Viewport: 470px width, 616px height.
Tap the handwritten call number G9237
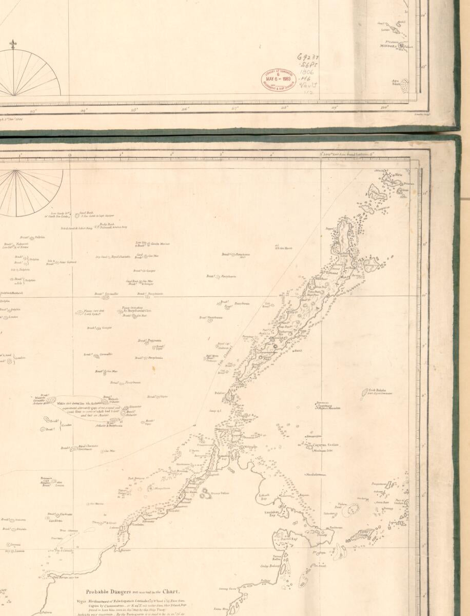(307, 57)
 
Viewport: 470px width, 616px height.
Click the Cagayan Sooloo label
(326, 445)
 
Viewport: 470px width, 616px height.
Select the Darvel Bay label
(285, 540)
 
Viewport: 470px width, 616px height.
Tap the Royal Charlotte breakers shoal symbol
(74, 448)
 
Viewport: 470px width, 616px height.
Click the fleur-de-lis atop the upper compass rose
(14, 42)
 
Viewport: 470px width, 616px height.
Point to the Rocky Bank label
(107, 224)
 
